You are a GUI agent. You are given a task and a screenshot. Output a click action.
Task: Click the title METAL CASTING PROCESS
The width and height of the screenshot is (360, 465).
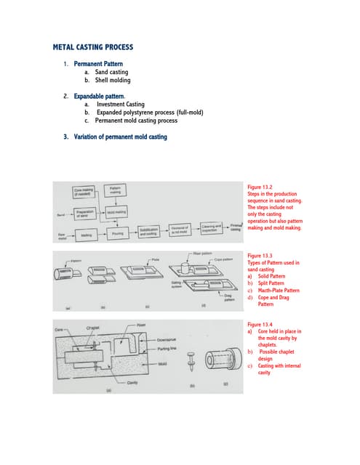[x=93, y=47]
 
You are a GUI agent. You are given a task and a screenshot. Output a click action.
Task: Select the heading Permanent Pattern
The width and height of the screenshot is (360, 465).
[x=98, y=64]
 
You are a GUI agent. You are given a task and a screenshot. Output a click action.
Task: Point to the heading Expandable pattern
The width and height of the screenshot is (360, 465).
[x=99, y=96]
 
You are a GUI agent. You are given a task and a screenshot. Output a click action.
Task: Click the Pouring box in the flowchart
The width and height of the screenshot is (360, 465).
[x=116, y=235]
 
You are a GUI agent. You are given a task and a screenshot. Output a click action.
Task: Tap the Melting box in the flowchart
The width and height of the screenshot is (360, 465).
[x=86, y=235]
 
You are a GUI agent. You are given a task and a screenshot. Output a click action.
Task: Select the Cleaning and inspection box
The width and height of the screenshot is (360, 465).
[x=211, y=228]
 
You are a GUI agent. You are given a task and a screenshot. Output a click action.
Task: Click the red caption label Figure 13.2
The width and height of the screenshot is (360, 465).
[x=260, y=187]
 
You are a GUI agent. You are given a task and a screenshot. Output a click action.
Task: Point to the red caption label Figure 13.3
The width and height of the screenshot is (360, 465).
[x=260, y=256]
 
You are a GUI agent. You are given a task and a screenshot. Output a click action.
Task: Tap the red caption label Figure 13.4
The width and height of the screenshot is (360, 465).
[x=260, y=324]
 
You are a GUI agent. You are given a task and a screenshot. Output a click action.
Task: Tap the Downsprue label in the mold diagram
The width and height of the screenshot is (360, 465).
[x=167, y=339]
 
